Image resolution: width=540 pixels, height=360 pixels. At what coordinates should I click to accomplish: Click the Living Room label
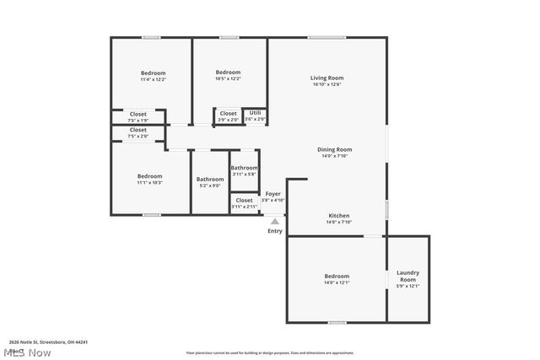pyautogui.click(x=328, y=78)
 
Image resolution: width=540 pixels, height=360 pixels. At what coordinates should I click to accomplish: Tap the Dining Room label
pyautogui.click(x=334, y=149)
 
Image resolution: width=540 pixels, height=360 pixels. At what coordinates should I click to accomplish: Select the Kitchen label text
pyautogui.click(x=338, y=215)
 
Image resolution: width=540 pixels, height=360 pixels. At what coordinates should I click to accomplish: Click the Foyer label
pyautogui.click(x=273, y=194)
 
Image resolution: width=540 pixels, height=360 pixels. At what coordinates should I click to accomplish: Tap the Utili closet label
pyautogui.click(x=255, y=112)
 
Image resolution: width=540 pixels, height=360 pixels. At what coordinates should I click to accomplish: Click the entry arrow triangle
pyautogui.click(x=274, y=222)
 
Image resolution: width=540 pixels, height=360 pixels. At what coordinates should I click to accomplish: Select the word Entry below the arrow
pyautogui.click(x=275, y=231)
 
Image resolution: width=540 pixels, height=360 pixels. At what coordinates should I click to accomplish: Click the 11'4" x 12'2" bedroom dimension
pyautogui.click(x=153, y=79)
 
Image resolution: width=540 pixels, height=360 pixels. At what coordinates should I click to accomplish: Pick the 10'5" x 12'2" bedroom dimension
pyautogui.click(x=228, y=78)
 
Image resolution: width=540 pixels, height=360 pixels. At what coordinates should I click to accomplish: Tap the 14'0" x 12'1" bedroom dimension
pyautogui.click(x=337, y=282)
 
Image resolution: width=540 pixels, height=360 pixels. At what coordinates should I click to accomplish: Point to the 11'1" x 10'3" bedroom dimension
pyautogui.click(x=149, y=182)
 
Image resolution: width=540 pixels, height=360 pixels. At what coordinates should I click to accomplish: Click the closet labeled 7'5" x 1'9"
pyautogui.click(x=138, y=117)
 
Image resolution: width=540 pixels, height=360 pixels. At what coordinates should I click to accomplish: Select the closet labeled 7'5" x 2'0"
pyautogui.click(x=138, y=133)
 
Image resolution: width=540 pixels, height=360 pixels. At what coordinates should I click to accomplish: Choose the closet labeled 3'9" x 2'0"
pyautogui.click(x=228, y=116)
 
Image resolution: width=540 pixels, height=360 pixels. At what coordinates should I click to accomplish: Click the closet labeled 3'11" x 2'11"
pyautogui.click(x=244, y=203)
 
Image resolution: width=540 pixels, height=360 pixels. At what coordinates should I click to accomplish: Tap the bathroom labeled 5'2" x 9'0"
pyautogui.click(x=210, y=182)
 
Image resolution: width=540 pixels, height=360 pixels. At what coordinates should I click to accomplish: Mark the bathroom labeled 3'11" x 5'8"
pyautogui.click(x=244, y=171)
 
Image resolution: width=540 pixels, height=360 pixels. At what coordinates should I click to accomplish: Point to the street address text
pyautogui.click(x=48, y=342)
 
